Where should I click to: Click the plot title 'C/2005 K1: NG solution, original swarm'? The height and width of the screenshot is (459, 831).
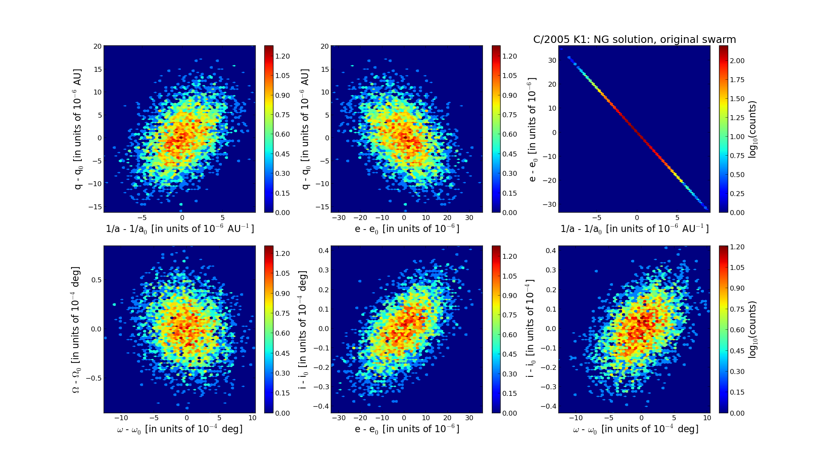(x=634, y=40)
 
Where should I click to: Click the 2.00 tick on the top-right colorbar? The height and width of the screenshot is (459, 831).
(x=738, y=61)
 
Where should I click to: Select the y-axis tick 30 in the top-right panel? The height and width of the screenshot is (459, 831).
(x=552, y=60)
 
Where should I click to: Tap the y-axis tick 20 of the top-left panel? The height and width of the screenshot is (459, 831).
(x=97, y=46)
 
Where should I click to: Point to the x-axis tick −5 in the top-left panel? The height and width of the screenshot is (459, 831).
(x=142, y=218)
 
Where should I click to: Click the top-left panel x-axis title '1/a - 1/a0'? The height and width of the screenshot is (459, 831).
(x=180, y=229)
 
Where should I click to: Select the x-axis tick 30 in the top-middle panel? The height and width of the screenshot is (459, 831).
(x=469, y=218)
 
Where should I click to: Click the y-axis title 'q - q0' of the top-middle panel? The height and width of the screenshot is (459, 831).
(x=305, y=129)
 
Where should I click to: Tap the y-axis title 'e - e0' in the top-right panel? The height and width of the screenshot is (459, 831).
(x=532, y=129)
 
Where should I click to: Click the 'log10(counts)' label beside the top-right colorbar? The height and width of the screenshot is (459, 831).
(x=753, y=129)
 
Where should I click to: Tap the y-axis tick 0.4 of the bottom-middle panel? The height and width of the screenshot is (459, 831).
(x=323, y=251)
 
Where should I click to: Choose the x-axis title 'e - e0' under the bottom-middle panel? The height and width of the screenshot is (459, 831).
(x=407, y=429)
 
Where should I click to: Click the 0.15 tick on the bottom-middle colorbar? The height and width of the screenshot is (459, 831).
(x=510, y=393)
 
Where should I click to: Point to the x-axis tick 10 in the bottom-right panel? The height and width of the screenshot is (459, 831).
(x=707, y=418)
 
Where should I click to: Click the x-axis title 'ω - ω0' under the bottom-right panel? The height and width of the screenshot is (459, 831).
(x=635, y=429)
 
